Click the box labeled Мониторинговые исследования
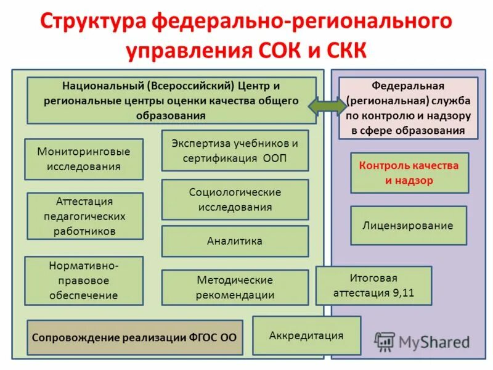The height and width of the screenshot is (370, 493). pyautogui.click(x=84, y=159)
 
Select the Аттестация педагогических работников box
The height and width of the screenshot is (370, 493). pyautogui.click(x=85, y=216)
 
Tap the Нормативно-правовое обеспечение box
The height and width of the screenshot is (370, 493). pyautogui.click(x=84, y=280)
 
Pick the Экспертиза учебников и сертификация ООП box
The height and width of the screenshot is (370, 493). pyautogui.click(x=235, y=150)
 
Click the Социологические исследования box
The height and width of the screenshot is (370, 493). pyautogui.click(x=235, y=199)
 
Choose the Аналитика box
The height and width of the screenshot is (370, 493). pyautogui.click(x=235, y=241)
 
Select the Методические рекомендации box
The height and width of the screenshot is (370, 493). pyautogui.click(x=235, y=287)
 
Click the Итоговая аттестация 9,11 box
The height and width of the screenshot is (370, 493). pyautogui.click(x=373, y=286)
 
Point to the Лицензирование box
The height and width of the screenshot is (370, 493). pyautogui.click(x=408, y=226)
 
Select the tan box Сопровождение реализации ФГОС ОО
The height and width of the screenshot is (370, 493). pyautogui.click(x=134, y=337)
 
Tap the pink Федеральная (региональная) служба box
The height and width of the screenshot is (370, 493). pyautogui.click(x=408, y=108)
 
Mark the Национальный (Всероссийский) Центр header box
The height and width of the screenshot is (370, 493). pyautogui.click(x=171, y=100)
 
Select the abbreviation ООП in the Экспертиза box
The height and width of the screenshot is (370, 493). pyautogui.click(x=274, y=158)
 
